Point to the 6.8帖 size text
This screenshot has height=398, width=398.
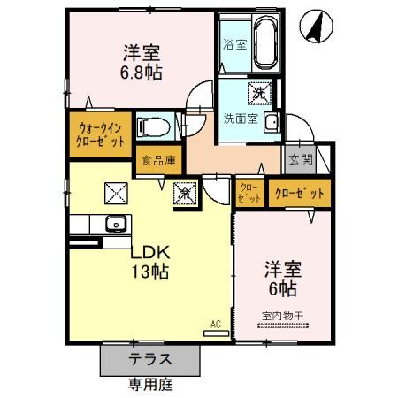(x=142, y=72)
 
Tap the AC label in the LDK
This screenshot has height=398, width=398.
(x=215, y=324)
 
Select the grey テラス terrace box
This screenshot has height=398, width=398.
(x=149, y=360)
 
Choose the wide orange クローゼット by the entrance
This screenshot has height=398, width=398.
(x=298, y=192)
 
